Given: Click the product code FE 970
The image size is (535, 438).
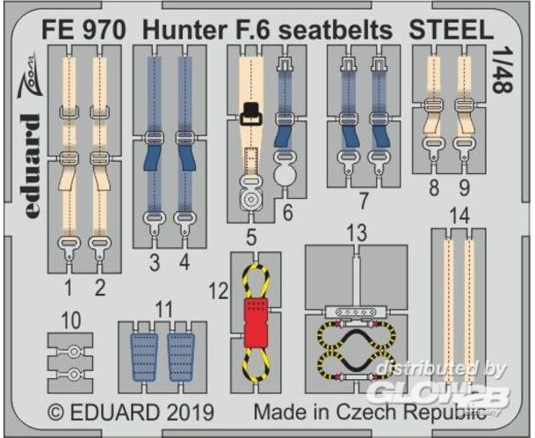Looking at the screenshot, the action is coord(83,30).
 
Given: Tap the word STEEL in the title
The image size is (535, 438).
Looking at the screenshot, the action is coord(451,30).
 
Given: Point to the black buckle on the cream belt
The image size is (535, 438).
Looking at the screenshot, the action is coord(250,113).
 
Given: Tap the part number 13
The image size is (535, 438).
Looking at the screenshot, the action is coord(357,233).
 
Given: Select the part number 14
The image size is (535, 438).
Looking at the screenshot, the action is coord(459,217).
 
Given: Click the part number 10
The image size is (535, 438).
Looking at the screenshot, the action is coord(71,321).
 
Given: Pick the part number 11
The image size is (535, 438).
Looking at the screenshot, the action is coord(163,310).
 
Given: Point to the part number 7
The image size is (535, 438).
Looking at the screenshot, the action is coord(364,201).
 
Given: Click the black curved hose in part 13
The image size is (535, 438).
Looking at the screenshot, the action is coord(357,352).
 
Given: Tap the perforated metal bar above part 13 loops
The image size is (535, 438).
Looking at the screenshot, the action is coord(357,311).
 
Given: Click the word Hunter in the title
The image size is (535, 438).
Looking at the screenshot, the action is coord(184,30).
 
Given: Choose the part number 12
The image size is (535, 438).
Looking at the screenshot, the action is coord(219,291).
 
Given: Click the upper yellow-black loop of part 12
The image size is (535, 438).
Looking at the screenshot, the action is coord(257,281).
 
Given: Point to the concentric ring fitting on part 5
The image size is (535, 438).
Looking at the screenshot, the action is coord(250,198).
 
